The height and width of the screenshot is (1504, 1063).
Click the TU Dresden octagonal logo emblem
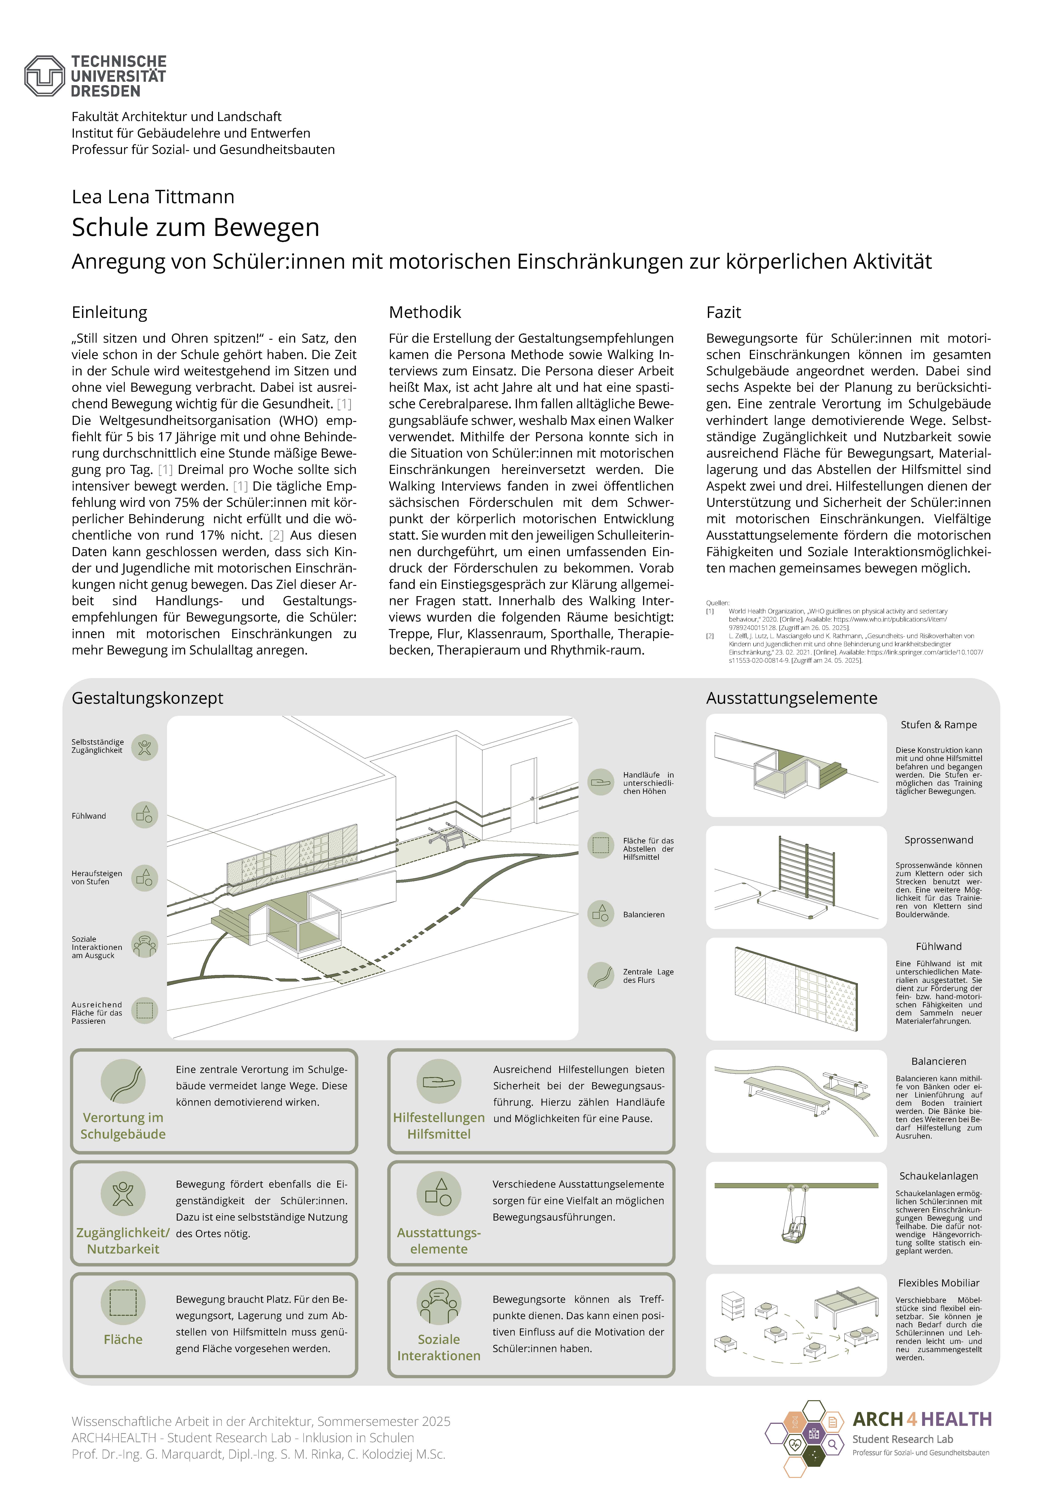pyautogui.click(x=45, y=76)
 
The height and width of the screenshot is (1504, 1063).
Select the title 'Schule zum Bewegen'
pyautogui.click(x=195, y=227)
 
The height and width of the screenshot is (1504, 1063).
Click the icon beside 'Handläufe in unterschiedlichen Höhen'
pyautogui.click(x=600, y=782)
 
